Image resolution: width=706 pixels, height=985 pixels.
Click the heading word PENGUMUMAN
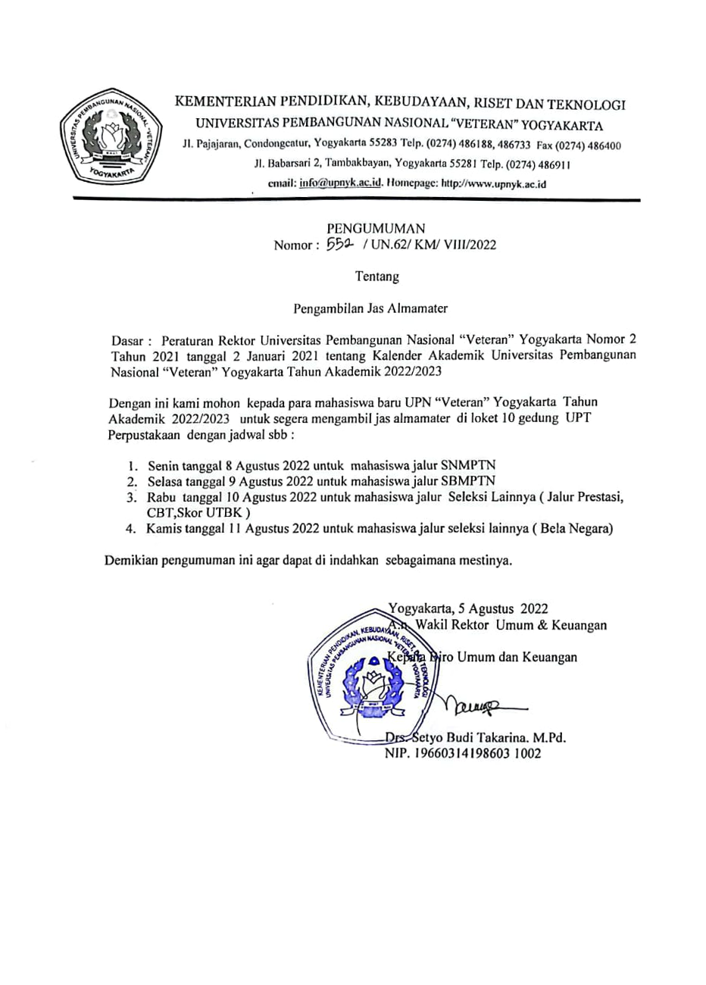pyautogui.click(x=376, y=228)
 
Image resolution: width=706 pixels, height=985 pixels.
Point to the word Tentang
pyautogui.click(x=377, y=277)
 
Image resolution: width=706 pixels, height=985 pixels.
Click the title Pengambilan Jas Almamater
pyautogui.click(x=371, y=308)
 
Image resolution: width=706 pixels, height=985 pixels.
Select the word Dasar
pyautogui.click(x=126, y=341)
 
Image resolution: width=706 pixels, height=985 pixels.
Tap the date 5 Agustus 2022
pyautogui.click(x=498, y=608)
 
